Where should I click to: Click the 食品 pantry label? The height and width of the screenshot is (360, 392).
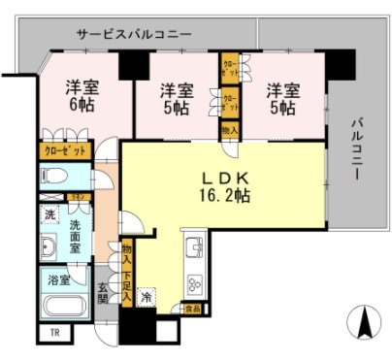193,310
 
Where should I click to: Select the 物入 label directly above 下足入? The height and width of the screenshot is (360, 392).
126,254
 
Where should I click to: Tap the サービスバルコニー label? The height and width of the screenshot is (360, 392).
134,34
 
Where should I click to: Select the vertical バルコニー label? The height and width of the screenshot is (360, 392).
355,151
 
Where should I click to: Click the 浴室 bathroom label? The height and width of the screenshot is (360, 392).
58,279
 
